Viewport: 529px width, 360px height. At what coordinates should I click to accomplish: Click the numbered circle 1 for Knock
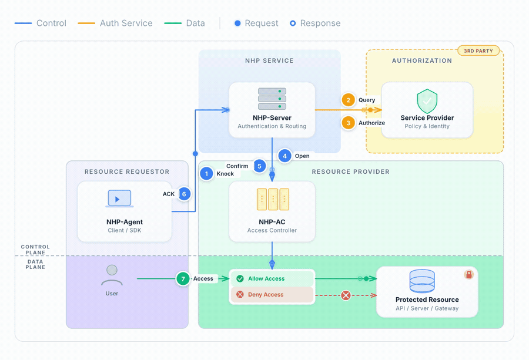point(206,173)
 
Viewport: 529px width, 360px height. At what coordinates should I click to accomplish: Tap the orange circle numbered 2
point(348,100)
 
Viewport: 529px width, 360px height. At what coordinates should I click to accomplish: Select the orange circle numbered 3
point(348,123)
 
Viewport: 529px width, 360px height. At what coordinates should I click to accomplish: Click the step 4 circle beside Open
point(284,156)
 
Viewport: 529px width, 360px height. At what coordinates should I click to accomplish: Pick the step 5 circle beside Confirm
point(259,166)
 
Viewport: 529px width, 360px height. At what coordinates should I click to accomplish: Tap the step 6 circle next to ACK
point(184,194)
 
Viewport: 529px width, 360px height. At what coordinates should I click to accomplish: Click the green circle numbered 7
point(183,278)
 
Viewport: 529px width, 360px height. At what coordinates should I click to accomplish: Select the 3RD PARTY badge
point(478,51)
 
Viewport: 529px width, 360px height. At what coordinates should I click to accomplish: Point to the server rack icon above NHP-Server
point(272,99)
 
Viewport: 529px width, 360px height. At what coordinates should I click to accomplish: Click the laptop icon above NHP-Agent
point(119,198)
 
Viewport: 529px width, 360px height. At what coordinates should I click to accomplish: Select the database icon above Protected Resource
point(422,281)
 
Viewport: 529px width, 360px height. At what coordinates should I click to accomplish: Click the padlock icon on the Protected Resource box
point(468,274)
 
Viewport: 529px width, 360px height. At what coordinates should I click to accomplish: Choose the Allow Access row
point(272,279)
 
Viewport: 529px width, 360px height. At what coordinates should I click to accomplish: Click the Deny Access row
point(272,295)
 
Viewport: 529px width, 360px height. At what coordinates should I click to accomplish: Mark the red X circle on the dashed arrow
point(346,295)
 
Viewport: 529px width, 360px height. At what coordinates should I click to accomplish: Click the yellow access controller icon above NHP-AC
point(273,200)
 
